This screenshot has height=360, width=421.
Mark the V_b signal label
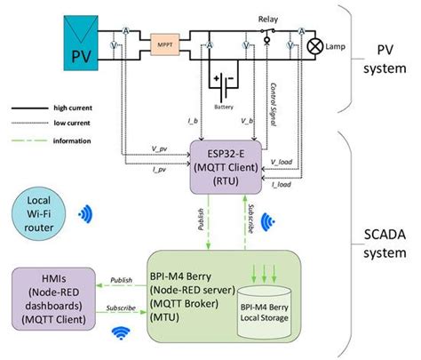(x=247, y=118)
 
